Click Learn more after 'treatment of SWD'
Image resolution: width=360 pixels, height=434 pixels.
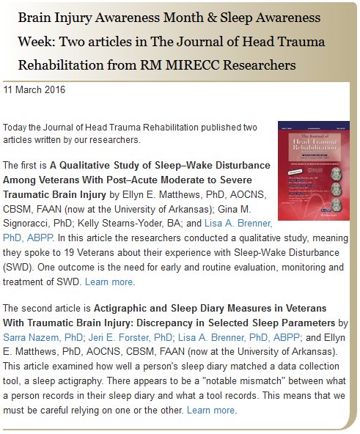tap(110, 282)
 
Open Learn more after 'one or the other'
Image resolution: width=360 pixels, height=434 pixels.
tap(212, 410)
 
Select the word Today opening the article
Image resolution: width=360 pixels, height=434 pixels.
tap(17, 127)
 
